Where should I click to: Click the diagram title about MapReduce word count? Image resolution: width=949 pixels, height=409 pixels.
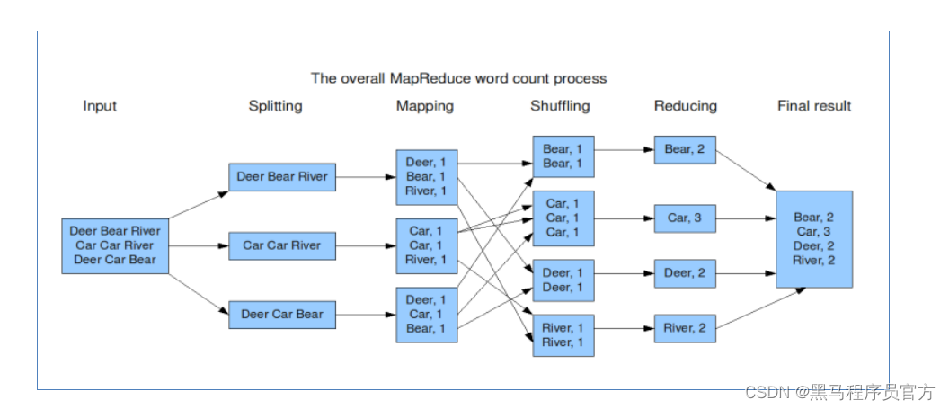tap(458, 78)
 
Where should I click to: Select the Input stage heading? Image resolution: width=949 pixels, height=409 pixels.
tap(100, 106)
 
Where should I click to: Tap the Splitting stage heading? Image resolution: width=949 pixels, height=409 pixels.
tap(275, 106)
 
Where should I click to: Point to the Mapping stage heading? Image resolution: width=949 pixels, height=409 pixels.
tap(425, 106)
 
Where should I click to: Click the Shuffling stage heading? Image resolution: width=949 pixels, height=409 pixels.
tap(560, 106)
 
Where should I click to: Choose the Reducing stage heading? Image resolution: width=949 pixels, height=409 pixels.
tap(686, 106)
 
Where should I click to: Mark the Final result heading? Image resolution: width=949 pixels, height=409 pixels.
tap(814, 106)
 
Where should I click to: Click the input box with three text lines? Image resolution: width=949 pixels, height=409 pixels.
tap(114, 245)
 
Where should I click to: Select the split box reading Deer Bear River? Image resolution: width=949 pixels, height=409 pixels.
tap(281, 177)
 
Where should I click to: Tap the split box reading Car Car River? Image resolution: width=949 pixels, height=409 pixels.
tap(281, 245)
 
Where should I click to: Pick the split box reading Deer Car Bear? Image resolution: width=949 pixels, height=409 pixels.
tap(281, 315)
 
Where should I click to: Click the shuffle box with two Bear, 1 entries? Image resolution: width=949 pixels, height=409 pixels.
tap(563, 156)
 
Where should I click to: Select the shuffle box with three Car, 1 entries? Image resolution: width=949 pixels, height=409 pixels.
tap(563, 218)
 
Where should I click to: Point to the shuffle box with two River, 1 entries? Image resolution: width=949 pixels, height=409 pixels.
tap(563, 335)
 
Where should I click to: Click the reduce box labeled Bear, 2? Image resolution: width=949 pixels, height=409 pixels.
tap(685, 149)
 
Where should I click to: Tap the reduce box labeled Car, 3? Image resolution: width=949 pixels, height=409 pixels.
tap(685, 218)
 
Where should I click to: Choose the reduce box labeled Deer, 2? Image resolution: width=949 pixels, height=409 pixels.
tap(685, 273)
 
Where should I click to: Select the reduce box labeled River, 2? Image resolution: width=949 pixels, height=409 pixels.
tap(685, 329)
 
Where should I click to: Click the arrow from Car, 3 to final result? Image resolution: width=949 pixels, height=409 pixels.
tap(746, 218)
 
